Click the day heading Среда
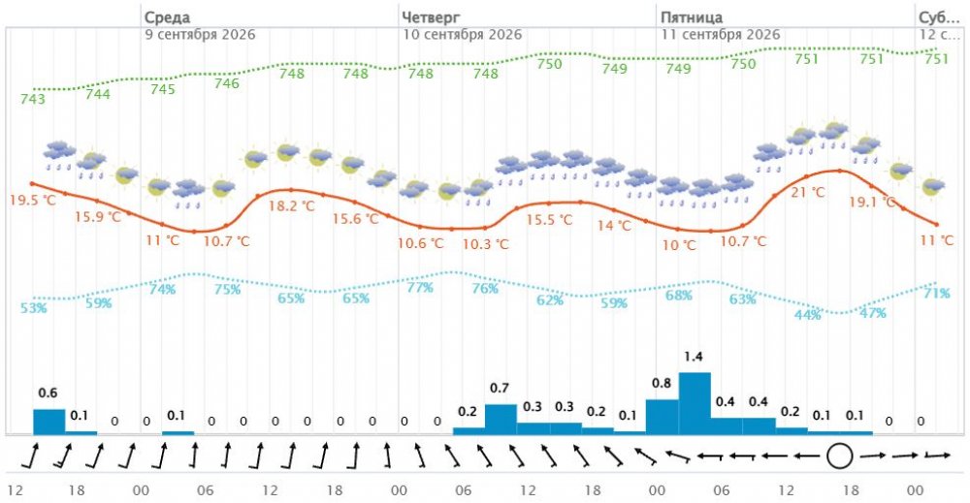[x=167, y=17]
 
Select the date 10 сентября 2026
[x=463, y=35]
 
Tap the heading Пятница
[x=692, y=17]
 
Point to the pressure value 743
[x=33, y=99]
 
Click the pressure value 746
[x=226, y=82]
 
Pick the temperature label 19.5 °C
[x=32, y=201]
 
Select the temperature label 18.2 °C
[x=291, y=205]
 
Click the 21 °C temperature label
[x=808, y=192]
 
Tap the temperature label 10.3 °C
[x=486, y=244]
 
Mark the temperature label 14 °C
[x=614, y=226]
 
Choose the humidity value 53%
[x=33, y=307]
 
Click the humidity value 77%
[x=420, y=287]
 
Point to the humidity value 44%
[x=808, y=315]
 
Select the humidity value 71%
[x=937, y=293]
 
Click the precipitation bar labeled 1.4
[x=695, y=403]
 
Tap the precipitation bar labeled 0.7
[x=501, y=419]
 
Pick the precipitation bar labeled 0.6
[x=48, y=422]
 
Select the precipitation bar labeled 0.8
[x=662, y=417]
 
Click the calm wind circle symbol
[x=839, y=456]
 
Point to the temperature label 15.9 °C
[x=98, y=217]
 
